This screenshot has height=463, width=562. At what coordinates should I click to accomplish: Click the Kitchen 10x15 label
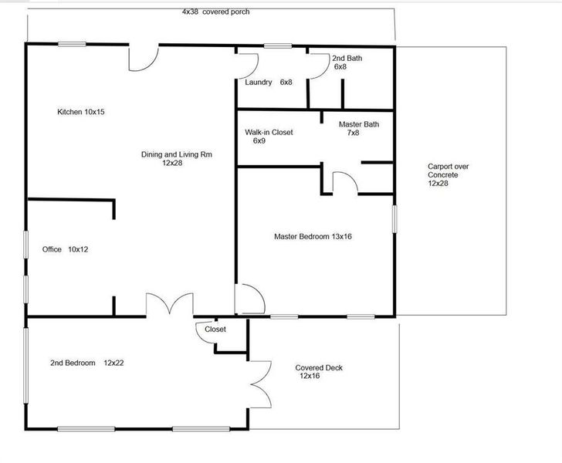[81, 112]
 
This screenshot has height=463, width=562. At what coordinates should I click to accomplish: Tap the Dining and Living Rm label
[176, 159]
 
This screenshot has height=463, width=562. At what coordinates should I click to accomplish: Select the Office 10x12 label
[66, 249]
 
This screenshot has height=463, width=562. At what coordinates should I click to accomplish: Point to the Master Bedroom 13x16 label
[313, 236]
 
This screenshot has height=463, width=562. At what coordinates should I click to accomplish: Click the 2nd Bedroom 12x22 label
[83, 363]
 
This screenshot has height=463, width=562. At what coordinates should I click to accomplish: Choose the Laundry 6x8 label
[269, 82]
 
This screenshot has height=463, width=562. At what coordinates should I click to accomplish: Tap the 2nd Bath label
[346, 63]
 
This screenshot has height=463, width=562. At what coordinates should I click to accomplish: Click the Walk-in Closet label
[269, 137]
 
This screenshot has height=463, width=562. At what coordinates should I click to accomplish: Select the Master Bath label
[359, 128]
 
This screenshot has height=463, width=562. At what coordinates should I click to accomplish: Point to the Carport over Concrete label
[449, 175]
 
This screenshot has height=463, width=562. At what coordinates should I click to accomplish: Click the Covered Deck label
[319, 372]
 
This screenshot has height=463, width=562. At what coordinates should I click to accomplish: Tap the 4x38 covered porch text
[215, 12]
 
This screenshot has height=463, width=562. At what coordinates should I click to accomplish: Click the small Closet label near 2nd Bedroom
[215, 330]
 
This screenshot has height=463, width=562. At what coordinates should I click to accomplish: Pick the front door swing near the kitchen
[144, 56]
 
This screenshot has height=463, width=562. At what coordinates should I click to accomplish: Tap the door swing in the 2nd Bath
[316, 66]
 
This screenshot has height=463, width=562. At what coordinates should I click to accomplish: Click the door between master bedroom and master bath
[344, 182]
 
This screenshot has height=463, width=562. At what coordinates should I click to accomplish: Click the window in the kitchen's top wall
[73, 45]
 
